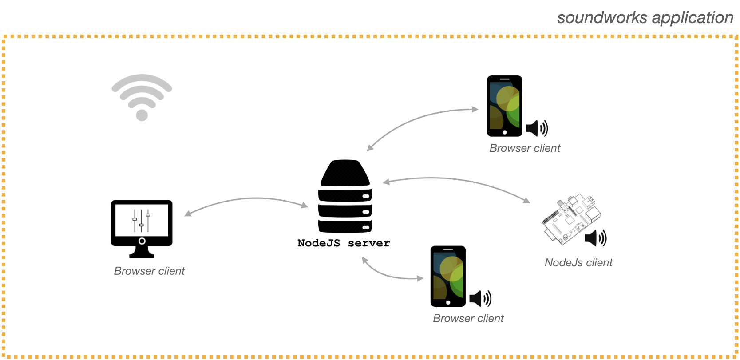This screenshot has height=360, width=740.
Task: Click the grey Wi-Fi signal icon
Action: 142,97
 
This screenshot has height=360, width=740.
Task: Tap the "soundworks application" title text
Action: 645,18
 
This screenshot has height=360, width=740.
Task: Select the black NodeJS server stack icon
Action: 345,196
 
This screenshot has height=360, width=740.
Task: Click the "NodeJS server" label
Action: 344,243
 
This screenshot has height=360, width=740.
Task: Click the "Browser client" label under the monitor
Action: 149,271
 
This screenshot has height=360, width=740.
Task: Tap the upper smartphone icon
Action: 504,106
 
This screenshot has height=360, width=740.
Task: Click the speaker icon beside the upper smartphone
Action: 537,128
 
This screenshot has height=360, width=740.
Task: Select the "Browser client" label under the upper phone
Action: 525,148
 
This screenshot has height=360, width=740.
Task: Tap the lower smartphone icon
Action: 448,276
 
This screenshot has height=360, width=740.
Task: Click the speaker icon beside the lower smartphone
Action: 480,299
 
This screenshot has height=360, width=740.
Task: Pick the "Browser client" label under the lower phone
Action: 468,319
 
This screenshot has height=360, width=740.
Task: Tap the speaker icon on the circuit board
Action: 595,238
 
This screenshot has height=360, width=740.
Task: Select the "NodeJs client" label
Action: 578,263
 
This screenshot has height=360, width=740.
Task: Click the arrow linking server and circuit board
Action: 457,180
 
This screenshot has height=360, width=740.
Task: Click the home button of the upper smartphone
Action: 504,132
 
